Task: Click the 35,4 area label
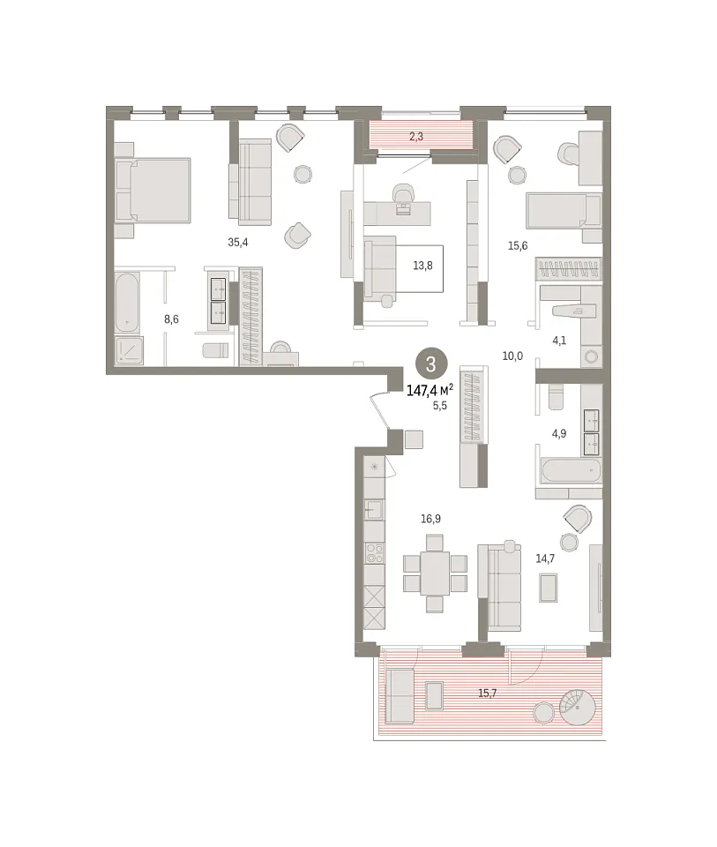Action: pos(237,243)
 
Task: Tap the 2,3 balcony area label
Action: pos(415,137)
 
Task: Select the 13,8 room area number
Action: pos(422,266)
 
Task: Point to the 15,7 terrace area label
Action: pos(487,693)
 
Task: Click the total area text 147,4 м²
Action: pos(429,390)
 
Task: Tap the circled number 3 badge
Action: pos(430,364)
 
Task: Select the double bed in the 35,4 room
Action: pos(153,190)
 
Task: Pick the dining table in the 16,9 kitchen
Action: pos(435,573)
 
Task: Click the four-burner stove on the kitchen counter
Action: pos(374,552)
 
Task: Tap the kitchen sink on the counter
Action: pos(374,509)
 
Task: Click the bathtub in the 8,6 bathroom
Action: pos(127,303)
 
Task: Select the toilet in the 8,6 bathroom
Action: pos(215,350)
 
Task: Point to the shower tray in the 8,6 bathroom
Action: pos(129,350)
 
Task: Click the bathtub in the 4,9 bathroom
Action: pos(571,471)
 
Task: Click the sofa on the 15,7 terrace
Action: pos(400,696)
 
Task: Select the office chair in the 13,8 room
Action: pos(402,197)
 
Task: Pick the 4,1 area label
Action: pos(559,341)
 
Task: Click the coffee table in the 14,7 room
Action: pos(549,588)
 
